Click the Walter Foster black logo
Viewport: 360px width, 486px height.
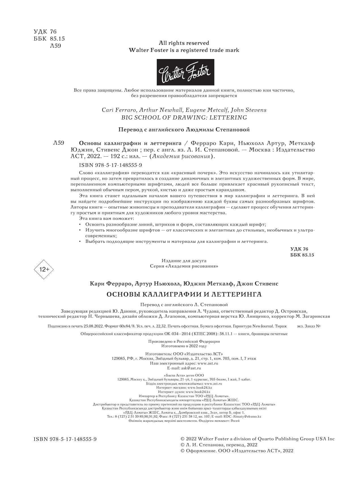(x=185, y=72)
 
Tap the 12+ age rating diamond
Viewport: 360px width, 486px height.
(x=44, y=269)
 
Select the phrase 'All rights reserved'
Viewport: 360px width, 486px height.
(x=184, y=43)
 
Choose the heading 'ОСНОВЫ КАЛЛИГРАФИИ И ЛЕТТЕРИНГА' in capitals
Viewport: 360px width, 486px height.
(x=184, y=294)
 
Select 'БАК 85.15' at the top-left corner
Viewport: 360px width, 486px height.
(x=47, y=39)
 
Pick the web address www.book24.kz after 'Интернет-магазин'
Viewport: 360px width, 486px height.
(x=200, y=387)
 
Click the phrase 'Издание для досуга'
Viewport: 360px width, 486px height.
(x=184, y=260)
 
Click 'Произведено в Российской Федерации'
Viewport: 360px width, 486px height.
(x=184, y=341)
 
